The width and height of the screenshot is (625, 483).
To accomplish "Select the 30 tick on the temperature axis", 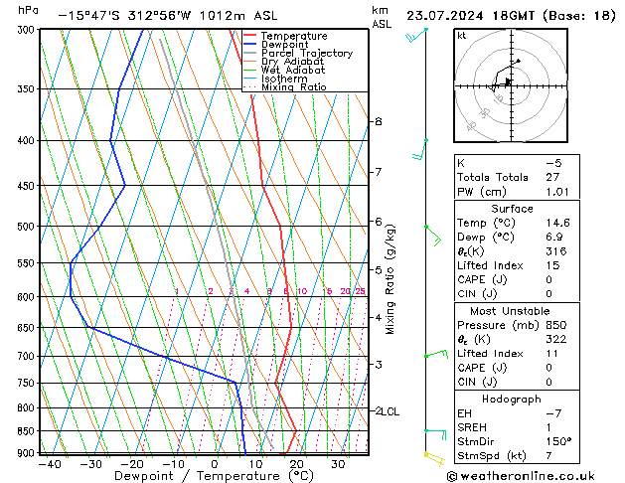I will (x=338, y=463).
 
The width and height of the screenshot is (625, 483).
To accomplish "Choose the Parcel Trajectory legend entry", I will (x=306, y=54).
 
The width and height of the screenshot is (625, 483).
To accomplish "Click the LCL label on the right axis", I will (x=391, y=410).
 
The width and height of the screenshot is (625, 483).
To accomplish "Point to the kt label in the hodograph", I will (x=462, y=35).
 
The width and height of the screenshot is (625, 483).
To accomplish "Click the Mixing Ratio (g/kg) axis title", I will (x=391, y=278).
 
